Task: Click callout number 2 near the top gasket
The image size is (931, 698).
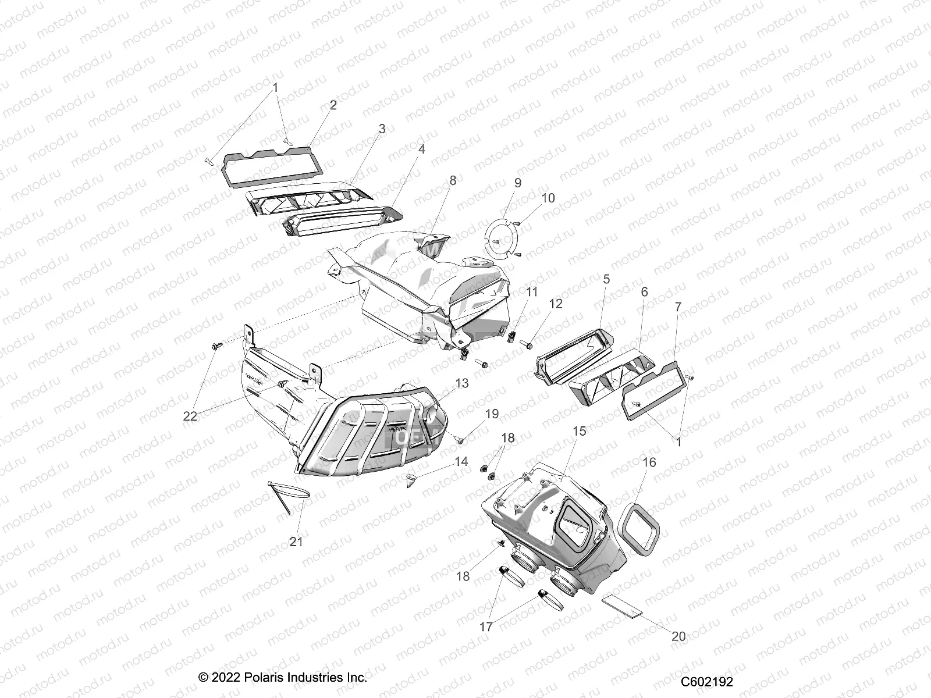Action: pyautogui.click(x=333, y=105)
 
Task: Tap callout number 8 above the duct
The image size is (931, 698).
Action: pyautogui.click(x=453, y=181)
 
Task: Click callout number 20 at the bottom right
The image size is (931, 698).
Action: pyautogui.click(x=678, y=636)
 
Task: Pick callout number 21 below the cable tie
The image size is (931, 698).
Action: pyautogui.click(x=296, y=542)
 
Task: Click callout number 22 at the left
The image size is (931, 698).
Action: pyautogui.click(x=190, y=416)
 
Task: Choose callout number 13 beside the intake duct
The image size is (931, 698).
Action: pyautogui.click(x=461, y=383)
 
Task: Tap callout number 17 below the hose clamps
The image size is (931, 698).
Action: pyautogui.click(x=486, y=628)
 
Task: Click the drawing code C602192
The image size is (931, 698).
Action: pyautogui.click(x=707, y=682)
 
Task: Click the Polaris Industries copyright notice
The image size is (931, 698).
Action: pyautogui.click(x=283, y=678)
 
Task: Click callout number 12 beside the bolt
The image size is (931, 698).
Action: pyautogui.click(x=556, y=304)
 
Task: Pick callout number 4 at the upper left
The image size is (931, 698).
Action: pyautogui.click(x=421, y=149)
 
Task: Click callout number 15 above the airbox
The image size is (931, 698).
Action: pyautogui.click(x=579, y=432)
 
